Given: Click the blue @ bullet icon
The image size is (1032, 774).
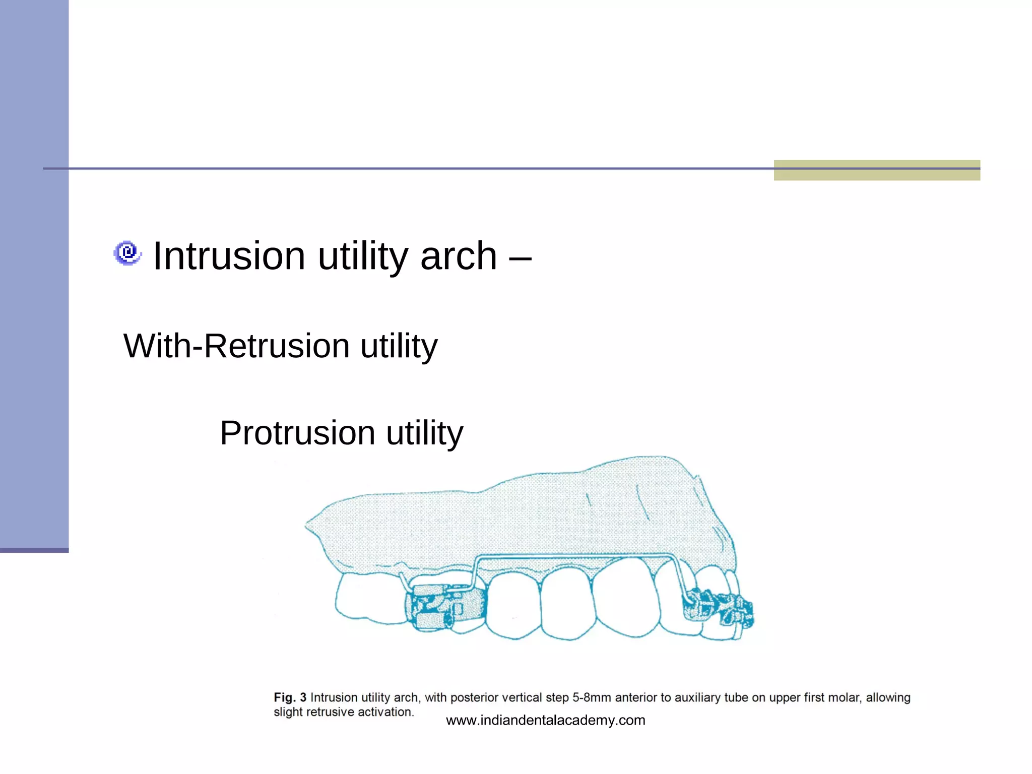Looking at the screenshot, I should click(x=127, y=252).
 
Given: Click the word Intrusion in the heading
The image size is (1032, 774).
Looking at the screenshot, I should click(x=229, y=256).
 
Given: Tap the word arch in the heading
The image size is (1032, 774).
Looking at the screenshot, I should click(x=459, y=256).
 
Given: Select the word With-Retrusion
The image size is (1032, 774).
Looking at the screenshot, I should click(x=236, y=346).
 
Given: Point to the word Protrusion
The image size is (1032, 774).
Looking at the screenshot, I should click(x=297, y=433).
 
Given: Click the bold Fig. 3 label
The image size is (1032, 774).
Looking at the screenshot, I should click(x=290, y=697).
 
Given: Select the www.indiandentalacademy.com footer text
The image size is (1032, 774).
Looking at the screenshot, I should click(x=545, y=720).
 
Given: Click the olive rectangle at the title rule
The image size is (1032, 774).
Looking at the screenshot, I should click(x=877, y=170).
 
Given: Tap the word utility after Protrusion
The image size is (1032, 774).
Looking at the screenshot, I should click(x=424, y=433).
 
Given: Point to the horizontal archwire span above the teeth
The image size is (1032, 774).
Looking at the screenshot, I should click(x=574, y=556).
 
